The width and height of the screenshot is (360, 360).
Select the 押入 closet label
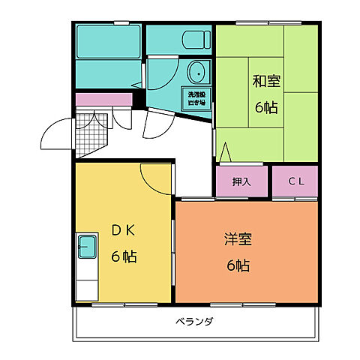(x=241, y=181)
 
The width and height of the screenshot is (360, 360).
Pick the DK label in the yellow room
(x=124, y=230)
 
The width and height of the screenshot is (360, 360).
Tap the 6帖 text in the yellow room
(x=124, y=256)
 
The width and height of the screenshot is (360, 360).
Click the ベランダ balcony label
(x=195, y=322)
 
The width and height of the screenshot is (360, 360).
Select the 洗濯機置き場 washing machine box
(x=197, y=98)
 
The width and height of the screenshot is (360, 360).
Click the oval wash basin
(x=197, y=73)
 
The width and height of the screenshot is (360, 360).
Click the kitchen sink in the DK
(x=87, y=245)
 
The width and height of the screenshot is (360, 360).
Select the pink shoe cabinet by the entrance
(x=103, y=98)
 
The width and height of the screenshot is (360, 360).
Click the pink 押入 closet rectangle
(x=241, y=181)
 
